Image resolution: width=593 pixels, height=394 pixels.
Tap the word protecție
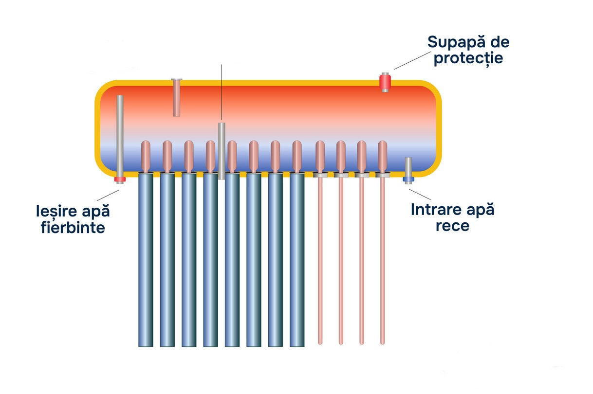point(468,58)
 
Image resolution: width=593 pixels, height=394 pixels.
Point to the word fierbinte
point(73,227)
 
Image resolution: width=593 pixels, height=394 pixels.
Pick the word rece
point(452,226)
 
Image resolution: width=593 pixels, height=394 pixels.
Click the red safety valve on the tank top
point(385,82)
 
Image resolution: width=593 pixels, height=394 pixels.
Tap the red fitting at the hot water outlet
point(120,179)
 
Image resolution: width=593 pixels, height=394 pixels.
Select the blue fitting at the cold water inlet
point(409,179)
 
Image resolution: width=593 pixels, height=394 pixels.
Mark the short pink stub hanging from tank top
point(177,97)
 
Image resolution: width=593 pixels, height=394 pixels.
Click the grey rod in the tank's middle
point(222,151)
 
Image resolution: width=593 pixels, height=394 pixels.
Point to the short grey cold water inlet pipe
point(409,167)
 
